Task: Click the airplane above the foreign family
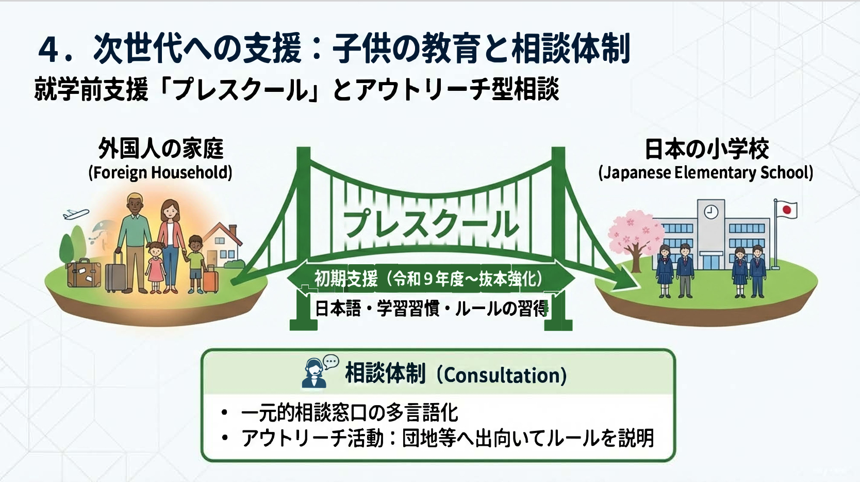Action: pos(76,214)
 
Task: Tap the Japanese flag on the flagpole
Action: pos(787,210)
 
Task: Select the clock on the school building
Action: pos(710,212)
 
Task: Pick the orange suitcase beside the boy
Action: pos(211,278)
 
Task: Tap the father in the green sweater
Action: pos(135,242)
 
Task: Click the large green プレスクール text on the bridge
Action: pos(431,224)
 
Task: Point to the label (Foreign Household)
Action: pos(160,172)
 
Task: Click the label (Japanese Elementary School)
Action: pos(706,172)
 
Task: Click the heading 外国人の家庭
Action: pos(161,148)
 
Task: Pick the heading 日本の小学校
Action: pos(707,149)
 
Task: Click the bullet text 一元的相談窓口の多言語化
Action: pos(350,413)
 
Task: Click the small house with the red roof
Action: pos(222,245)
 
